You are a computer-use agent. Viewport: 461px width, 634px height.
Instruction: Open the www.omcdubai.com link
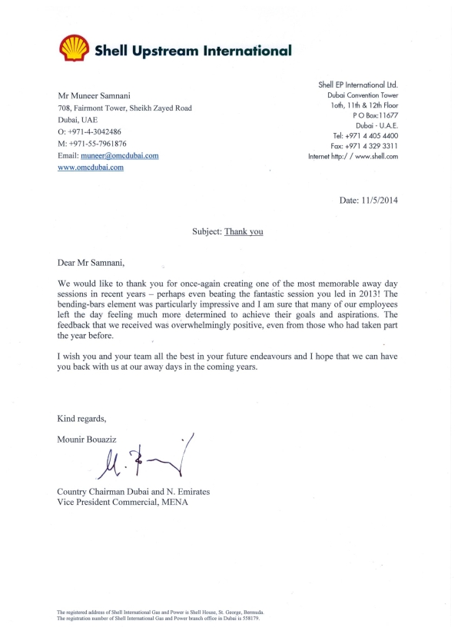(91, 167)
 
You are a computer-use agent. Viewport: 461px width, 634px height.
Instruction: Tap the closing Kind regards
(81, 419)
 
